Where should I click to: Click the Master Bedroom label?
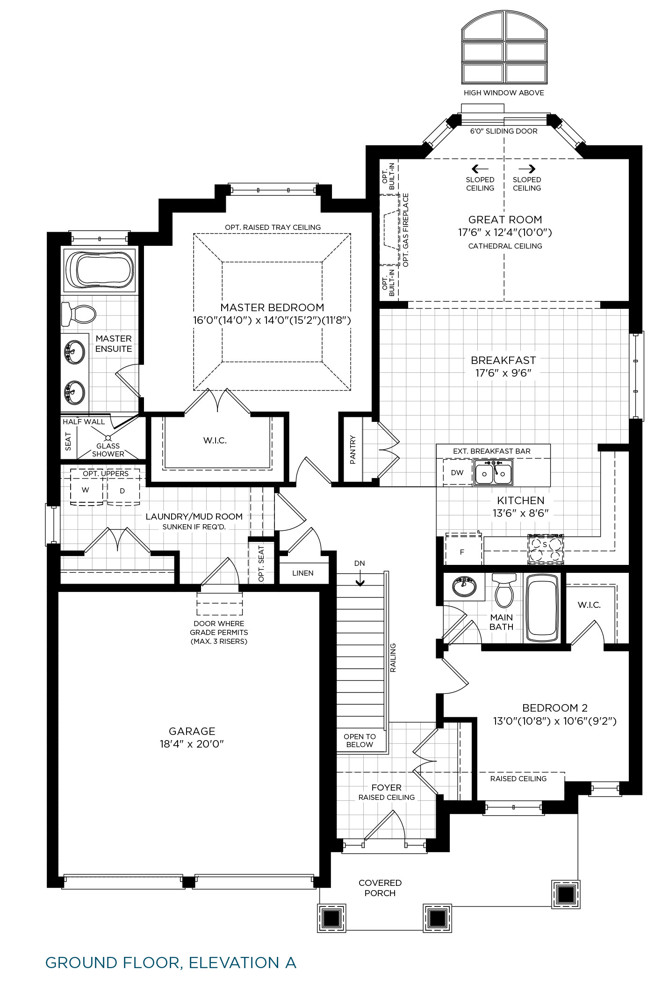[272, 307]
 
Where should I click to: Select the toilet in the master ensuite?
[78, 314]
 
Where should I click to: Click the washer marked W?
[86, 490]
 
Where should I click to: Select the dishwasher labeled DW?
[457, 472]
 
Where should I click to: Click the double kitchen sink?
[493, 472]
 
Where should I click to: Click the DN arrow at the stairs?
[360, 581]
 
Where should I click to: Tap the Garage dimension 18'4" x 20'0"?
[192, 744]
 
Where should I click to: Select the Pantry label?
[352, 450]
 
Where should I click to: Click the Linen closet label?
[303, 573]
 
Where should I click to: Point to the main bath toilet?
[504, 590]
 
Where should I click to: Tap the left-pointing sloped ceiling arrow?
[480, 169]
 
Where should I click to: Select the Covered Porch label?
[380, 888]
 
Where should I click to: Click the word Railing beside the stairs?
[393, 658]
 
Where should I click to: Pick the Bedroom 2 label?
[555, 708]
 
